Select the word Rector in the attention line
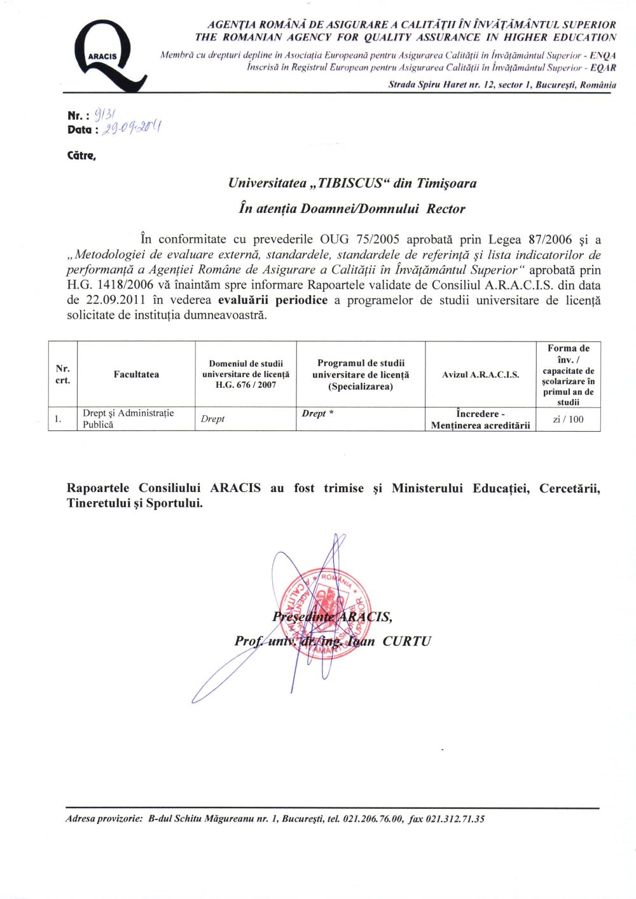[x=446, y=209]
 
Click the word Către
[x=81, y=155]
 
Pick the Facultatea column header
[x=136, y=374]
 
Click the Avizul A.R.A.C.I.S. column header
[x=480, y=374]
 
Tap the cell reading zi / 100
[x=568, y=419]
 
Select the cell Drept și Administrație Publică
[x=128, y=418]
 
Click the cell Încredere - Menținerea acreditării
[x=480, y=420]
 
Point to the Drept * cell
[x=317, y=413]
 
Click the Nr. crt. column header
[x=62, y=374]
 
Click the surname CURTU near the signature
[x=406, y=641]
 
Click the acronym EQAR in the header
[x=603, y=67]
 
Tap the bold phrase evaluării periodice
[x=273, y=300]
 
